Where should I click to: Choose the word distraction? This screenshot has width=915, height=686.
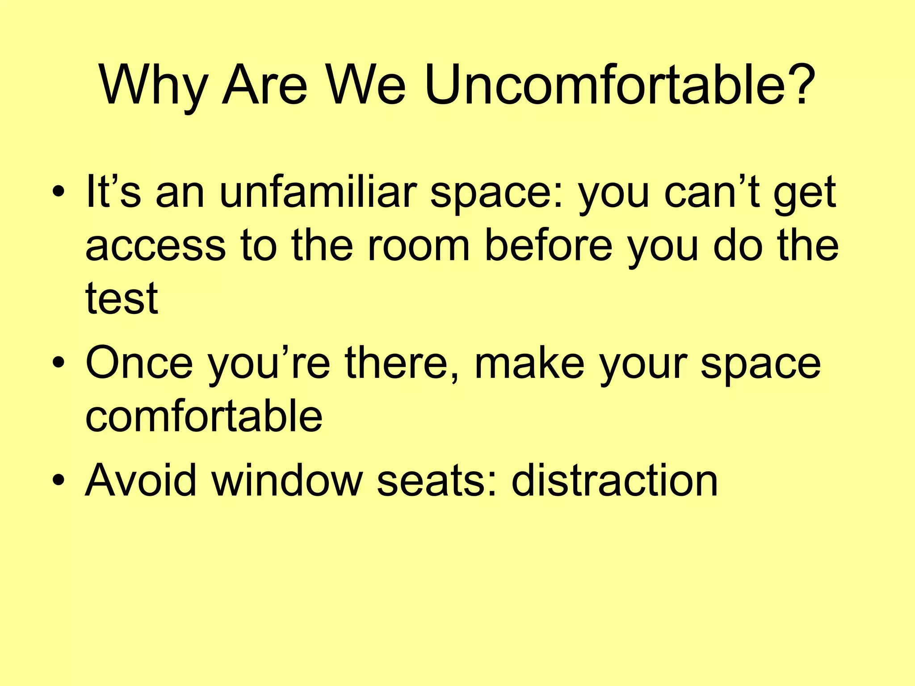click(x=614, y=481)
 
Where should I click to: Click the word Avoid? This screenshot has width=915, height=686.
click(x=141, y=481)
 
